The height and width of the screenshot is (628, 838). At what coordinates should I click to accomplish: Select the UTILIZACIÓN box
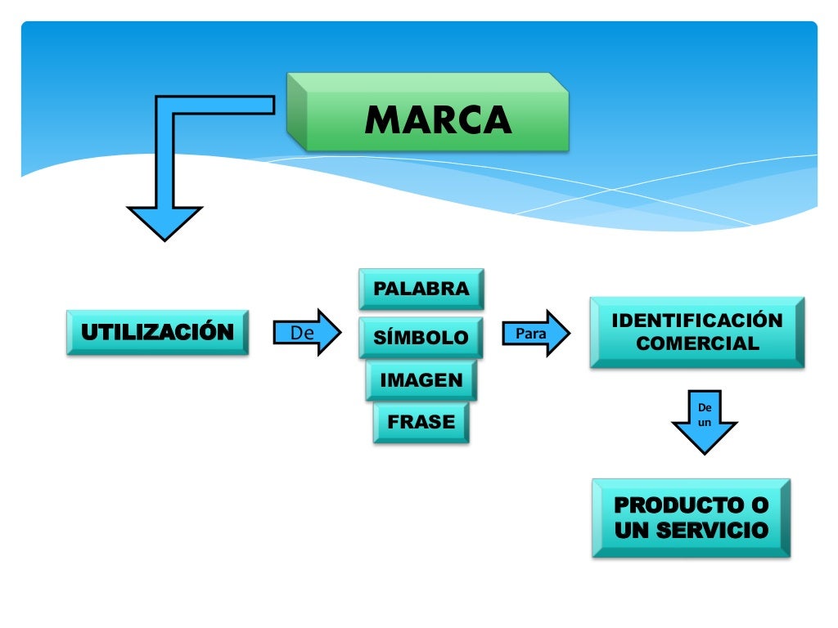click(157, 332)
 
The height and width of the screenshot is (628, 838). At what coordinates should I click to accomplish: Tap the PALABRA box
click(421, 289)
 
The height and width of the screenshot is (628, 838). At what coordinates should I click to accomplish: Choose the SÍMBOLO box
click(421, 338)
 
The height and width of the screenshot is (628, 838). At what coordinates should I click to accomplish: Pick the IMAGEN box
click(421, 380)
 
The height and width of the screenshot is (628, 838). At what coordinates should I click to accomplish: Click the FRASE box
click(421, 423)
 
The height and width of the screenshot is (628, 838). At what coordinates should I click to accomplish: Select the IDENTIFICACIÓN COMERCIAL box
click(697, 332)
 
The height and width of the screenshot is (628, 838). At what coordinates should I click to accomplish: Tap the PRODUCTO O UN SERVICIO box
click(692, 518)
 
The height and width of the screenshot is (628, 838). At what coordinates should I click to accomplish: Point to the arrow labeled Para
click(536, 333)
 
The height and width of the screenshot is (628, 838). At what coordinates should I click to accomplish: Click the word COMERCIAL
click(697, 343)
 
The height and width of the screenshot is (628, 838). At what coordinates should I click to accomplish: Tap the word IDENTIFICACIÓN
click(697, 321)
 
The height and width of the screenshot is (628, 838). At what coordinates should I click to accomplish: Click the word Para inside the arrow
click(530, 334)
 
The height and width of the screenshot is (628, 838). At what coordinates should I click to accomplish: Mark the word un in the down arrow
click(704, 423)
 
